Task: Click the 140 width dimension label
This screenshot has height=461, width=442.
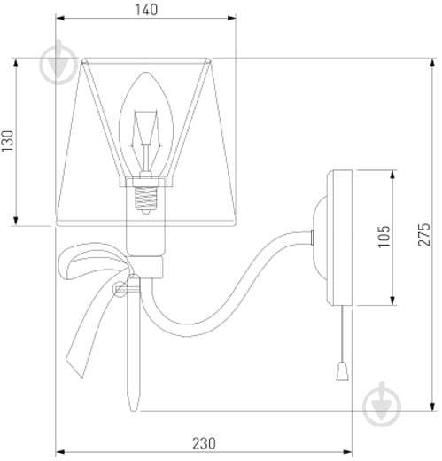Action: [x=146, y=11]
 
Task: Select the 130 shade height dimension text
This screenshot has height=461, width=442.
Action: [x=8, y=142]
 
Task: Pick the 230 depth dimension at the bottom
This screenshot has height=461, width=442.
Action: [x=204, y=443]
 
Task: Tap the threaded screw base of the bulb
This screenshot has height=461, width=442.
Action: [x=146, y=197]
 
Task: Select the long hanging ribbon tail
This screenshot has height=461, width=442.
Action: [x=89, y=337]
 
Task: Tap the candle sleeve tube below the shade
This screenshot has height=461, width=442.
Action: [x=146, y=235]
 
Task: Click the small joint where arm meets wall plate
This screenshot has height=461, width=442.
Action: [x=315, y=236]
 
